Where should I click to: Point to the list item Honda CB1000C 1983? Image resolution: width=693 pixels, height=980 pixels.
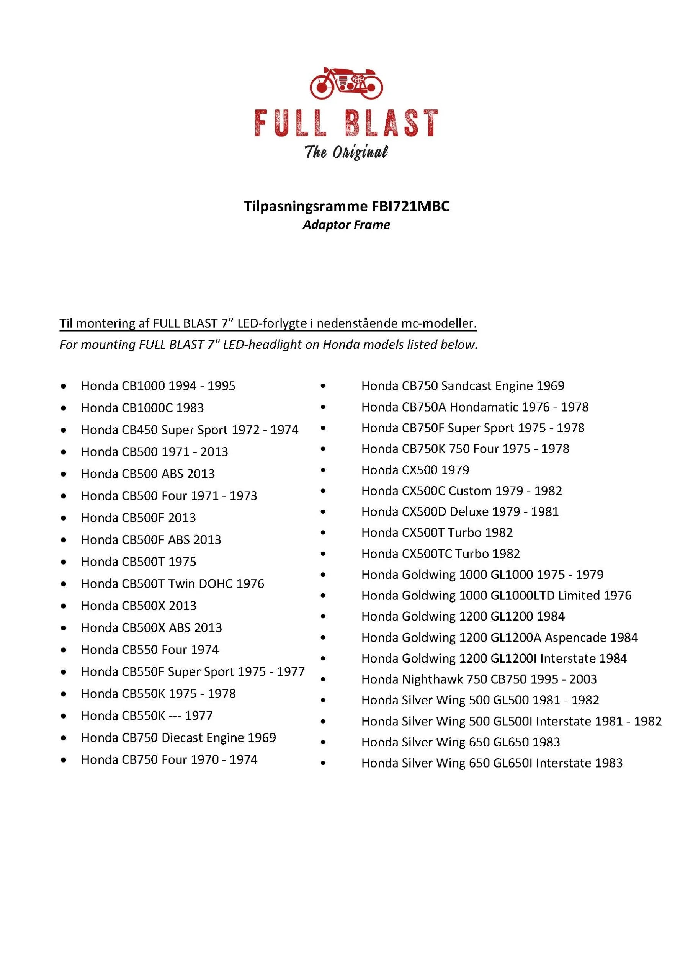coord(142,408)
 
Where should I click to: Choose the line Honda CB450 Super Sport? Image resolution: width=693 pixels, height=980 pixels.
coord(190,430)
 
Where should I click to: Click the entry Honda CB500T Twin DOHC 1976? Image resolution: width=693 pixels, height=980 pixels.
coord(173,583)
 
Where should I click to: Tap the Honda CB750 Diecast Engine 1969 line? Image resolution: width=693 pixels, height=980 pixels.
coord(178,738)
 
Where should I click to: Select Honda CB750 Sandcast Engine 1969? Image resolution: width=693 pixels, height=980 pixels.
coord(463,386)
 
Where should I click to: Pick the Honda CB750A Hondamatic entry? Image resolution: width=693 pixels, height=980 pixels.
coord(475,407)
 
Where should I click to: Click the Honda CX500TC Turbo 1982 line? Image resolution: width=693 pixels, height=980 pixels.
coord(440,554)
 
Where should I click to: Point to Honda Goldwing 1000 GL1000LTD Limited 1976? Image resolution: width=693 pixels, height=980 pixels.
coord(496,595)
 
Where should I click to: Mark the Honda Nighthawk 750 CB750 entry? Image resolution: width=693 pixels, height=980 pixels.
coord(479,679)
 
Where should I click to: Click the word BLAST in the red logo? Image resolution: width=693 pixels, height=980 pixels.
coord(391,123)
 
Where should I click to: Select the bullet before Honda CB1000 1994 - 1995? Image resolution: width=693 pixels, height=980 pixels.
coord(64,386)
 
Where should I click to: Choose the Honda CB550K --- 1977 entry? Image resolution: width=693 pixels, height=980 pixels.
coord(147,715)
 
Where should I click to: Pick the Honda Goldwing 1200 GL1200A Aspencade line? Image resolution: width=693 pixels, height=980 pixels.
coord(499,637)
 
